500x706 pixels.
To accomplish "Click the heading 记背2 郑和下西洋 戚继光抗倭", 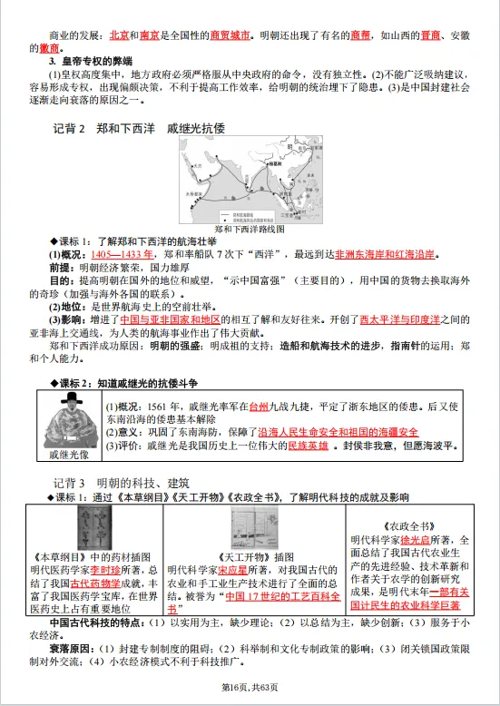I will [136, 129].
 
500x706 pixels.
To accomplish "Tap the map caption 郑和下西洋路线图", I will [250, 230].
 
